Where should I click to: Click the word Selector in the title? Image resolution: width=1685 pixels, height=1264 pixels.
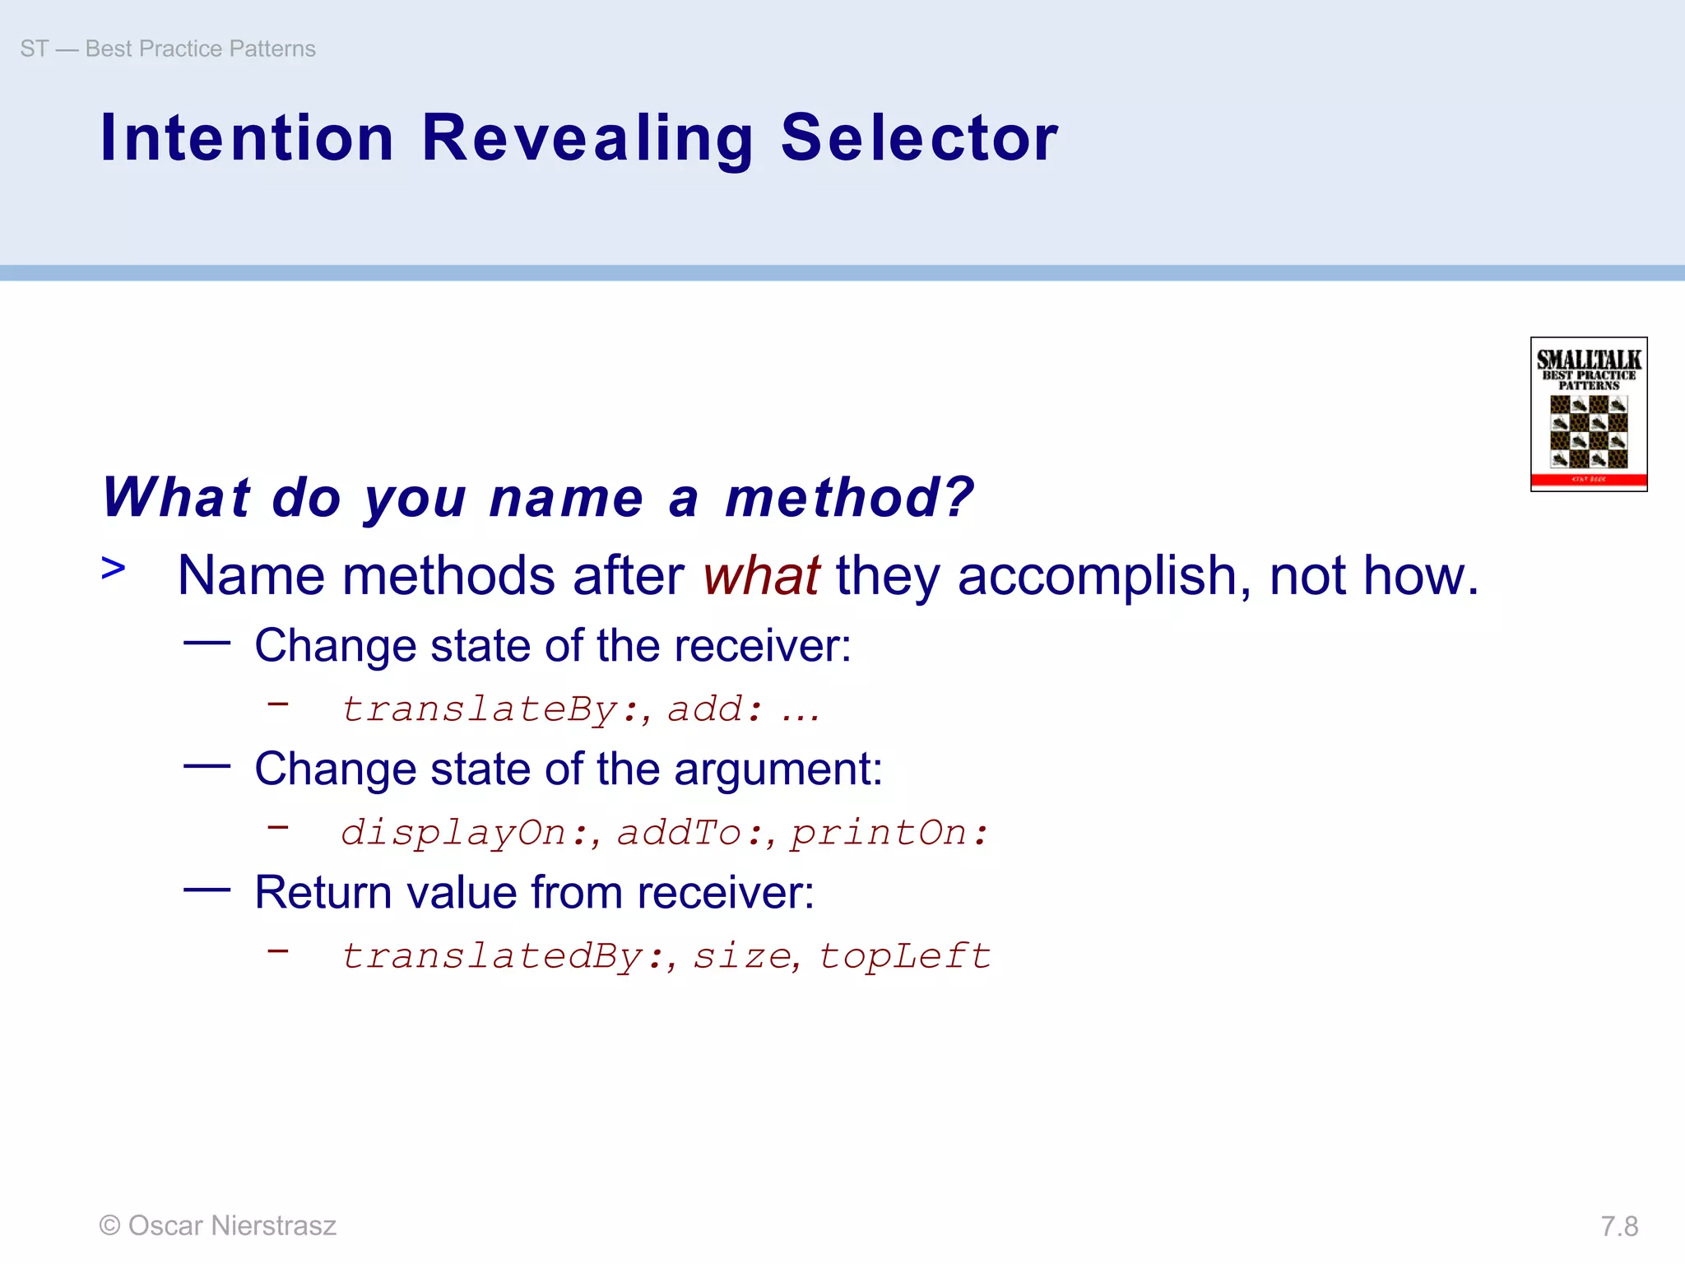coord(919,138)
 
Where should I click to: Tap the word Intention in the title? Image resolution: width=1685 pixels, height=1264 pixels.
coord(247,138)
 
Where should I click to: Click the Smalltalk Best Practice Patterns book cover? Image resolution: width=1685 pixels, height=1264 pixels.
coord(1588,414)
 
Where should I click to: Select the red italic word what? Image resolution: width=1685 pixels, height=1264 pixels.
coord(761,575)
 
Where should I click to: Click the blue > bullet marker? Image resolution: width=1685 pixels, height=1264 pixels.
coord(114,568)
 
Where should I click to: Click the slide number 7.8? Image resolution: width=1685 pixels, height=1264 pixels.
coord(1619,1227)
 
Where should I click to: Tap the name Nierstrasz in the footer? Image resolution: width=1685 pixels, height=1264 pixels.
coord(273,1226)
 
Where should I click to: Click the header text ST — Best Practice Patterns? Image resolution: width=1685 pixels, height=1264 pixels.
coord(168,49)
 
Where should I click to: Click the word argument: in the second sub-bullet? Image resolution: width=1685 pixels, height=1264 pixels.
coord(778,770)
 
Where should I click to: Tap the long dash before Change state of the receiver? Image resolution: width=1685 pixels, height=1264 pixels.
coord(207,643)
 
